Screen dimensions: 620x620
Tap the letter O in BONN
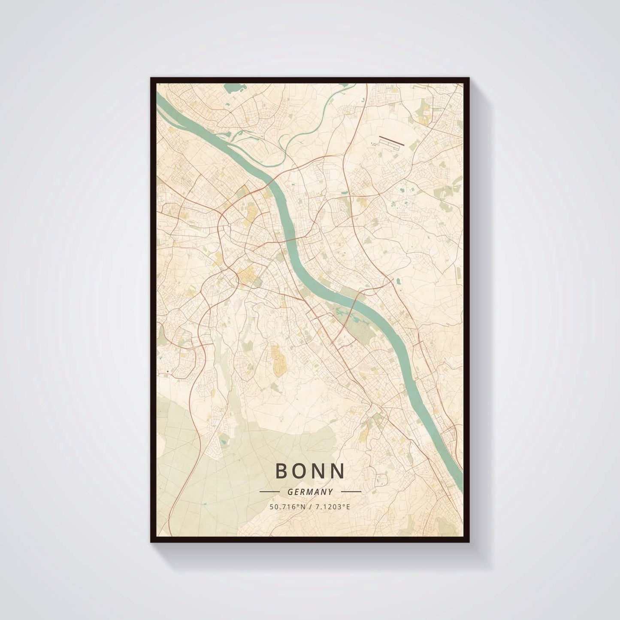coord(302,471)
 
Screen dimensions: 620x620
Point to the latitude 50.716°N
coord(285,507)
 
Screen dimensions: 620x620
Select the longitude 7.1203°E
coord(333,507)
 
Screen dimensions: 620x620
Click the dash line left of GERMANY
coord(270,491)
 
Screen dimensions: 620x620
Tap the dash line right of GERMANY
coord(351,491)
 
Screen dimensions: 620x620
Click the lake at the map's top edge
coord(233,89)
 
